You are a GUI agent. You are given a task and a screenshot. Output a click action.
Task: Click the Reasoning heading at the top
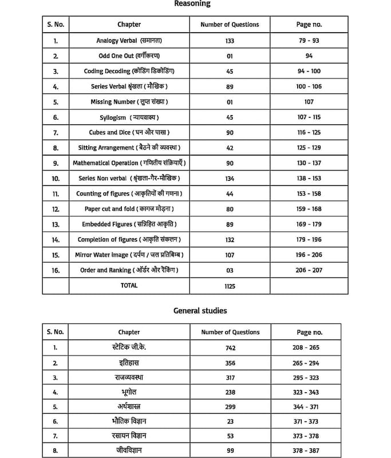(192, 4)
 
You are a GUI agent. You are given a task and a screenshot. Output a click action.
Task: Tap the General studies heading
(200, 311)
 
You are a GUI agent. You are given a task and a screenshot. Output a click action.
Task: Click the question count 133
(230, 41)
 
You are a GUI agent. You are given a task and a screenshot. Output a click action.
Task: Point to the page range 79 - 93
(309, 41)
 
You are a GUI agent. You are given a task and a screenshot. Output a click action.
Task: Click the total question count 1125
(230, 286)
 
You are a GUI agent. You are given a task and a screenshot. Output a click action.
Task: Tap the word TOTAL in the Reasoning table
(129, 285)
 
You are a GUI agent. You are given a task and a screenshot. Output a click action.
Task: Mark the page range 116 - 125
(309, 132)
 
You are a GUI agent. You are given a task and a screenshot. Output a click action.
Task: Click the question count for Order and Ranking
(230, 270)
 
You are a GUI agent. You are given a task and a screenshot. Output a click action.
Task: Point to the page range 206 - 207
(309, 270)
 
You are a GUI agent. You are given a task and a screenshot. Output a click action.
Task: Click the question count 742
(230, 348)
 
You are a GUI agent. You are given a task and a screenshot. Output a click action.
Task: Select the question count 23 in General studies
(230, 421)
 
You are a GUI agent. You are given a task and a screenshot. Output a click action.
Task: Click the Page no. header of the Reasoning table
(309, 25)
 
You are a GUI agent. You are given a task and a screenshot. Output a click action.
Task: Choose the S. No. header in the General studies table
(56, 332)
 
